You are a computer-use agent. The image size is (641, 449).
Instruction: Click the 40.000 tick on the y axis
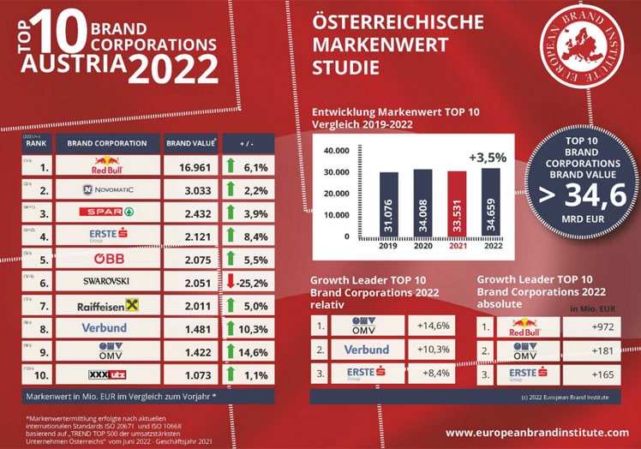(x=334, y=151)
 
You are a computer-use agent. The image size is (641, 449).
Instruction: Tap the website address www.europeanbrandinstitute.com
(x=536, y=433)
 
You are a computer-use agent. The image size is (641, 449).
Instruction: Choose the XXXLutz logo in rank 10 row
(x=107, y=374)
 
